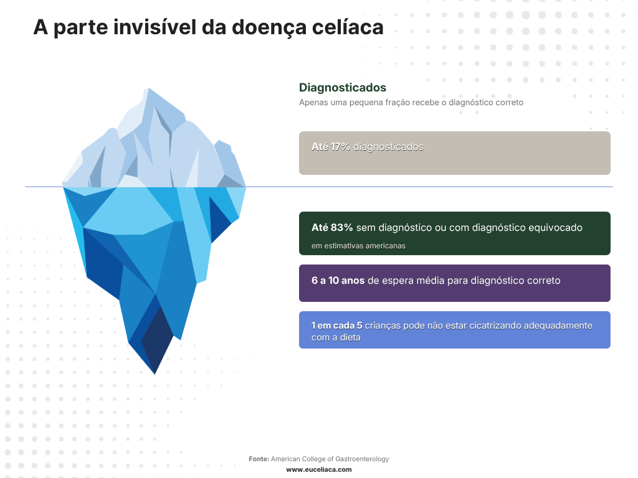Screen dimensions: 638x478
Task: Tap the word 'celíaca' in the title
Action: pyautogui.click(x=348, y=27)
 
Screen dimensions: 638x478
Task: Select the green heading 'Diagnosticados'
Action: pyautogui.click(x=343, y=87)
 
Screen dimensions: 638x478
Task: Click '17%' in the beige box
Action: pyautogui.click(x=340, y=147)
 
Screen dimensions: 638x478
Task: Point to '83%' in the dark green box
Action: pyautogui.click(x=342, y=228)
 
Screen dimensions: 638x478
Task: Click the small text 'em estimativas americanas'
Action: pyautogui.click(x=358, y=245)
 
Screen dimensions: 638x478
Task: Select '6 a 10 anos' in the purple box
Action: pyautogui.click(x=338, y=281)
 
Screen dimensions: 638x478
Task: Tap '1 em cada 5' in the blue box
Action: pyautogui.click(x=337, y=326)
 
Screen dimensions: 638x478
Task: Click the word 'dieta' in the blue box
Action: pyautogui.click(x=351, y=337)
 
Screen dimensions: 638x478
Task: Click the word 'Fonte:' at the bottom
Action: pyautogui.click(x=259, y=459)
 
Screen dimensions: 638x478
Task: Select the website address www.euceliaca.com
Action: pyautogui.click(x=319, y=469)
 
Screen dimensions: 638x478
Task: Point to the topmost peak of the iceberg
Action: pyautogui.click(x=149, y=88)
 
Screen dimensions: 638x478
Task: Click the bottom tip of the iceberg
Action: pyautogui.click(x=155, y=373)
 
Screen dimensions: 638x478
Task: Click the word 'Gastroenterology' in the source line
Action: pyautogui.click(x=362, y=459)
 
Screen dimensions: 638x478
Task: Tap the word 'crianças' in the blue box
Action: pyautogui.click(x=383, y=326)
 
